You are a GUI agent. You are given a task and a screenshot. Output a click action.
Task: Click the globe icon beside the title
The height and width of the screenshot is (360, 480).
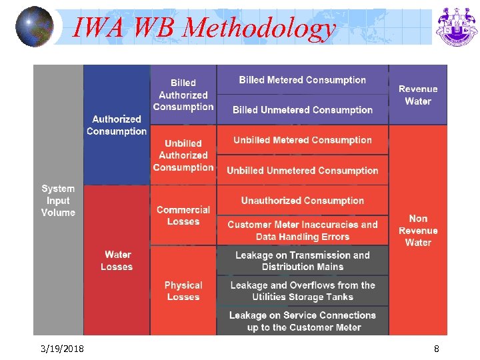coord(34,27)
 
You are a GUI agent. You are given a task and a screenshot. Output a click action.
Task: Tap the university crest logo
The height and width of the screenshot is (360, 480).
coord(457,27)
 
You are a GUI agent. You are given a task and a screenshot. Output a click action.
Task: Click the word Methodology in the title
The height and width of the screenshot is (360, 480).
coord(259,27)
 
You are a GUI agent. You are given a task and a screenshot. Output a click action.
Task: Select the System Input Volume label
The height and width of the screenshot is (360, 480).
coord(58,201)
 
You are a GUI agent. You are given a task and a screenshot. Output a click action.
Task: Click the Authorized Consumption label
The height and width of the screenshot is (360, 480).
coord(117,125)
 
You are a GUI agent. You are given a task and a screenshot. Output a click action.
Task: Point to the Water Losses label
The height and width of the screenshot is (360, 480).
coord(117,261)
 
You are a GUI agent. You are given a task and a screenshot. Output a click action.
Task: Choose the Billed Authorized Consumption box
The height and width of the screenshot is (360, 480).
coord(183,95)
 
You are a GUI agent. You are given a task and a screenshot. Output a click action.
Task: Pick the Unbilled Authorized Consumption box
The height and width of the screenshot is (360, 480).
coord(183,155)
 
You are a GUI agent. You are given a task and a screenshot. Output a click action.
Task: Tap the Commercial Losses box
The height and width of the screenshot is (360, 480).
coord(183,215)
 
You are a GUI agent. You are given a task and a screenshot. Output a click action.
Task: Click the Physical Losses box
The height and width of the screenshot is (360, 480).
coord(183,291)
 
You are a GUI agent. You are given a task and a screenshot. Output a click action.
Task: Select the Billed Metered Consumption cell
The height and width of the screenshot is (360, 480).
coord(303,80)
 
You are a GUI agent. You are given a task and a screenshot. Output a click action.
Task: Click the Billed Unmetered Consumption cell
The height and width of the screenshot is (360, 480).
coord(303,110)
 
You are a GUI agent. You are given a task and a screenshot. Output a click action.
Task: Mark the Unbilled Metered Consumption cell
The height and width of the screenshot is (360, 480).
coord(303,140)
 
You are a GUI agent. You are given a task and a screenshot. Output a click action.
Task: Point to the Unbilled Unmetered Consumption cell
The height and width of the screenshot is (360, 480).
coord(303,171)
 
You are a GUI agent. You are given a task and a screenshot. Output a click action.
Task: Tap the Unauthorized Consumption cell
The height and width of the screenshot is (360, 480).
coord(303,201)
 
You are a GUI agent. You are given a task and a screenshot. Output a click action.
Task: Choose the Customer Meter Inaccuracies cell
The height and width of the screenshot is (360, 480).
coord(303,231)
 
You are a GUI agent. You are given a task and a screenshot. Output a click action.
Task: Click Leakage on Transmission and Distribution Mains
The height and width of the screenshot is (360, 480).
coord(303,261)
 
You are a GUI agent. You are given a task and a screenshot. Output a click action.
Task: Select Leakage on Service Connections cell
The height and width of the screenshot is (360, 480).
coord(303,321)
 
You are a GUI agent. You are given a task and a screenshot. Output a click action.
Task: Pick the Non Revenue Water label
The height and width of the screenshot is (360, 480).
coord(418,231)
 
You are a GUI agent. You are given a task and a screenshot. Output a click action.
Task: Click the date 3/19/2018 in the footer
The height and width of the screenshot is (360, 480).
coord(61,349)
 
